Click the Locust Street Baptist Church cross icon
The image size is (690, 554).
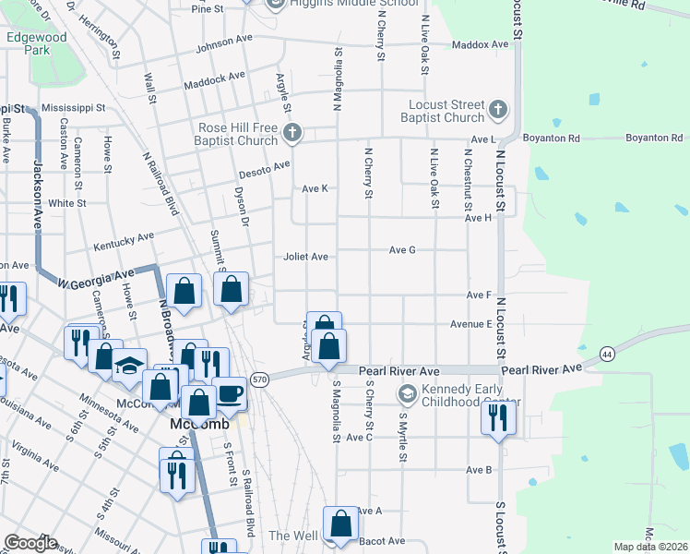click(497, 109)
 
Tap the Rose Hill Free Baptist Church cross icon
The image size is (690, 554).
click(291, 133)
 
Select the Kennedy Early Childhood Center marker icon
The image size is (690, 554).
click(407, 394)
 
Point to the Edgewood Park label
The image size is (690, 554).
click(29, 43)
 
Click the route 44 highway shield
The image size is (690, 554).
click(606, 354)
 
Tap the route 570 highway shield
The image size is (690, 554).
click(259, 379)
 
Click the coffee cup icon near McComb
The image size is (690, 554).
click(229, 394)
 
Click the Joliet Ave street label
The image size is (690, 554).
click(305, 257)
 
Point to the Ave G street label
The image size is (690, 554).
click(402, 249)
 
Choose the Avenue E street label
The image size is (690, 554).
click(470, 324)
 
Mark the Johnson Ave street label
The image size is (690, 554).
click(223, 42)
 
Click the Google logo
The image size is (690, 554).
click(30, 543)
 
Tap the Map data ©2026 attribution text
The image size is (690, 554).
click(651, 547)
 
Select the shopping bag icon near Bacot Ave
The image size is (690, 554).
click(340, 523)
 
